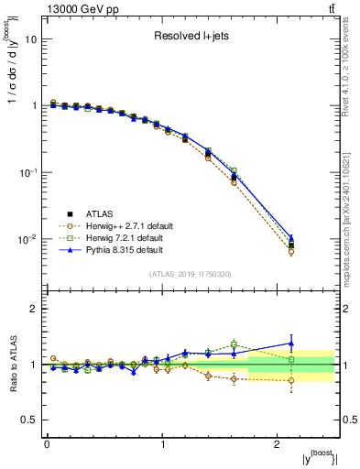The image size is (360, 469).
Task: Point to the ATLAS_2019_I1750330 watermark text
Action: [190, 274]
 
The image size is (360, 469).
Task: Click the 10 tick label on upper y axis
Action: [31, 39]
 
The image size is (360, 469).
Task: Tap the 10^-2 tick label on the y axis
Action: [28, 240]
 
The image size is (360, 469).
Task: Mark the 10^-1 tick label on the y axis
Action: [28, 173]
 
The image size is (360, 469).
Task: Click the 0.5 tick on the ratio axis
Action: [29, 420]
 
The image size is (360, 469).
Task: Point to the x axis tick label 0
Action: [47, 443]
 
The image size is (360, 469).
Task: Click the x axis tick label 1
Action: [162, 443]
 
